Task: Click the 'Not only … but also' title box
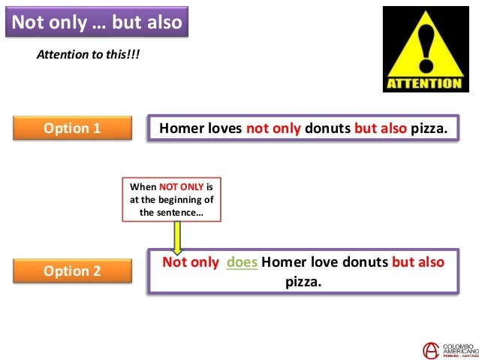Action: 97,22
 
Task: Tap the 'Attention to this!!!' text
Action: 89,56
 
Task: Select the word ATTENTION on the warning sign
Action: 423,83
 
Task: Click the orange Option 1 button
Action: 73,128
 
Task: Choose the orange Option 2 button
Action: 73,271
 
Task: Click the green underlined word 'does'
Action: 242,262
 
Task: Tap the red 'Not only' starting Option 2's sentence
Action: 191,262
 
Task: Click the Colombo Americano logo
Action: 450,349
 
